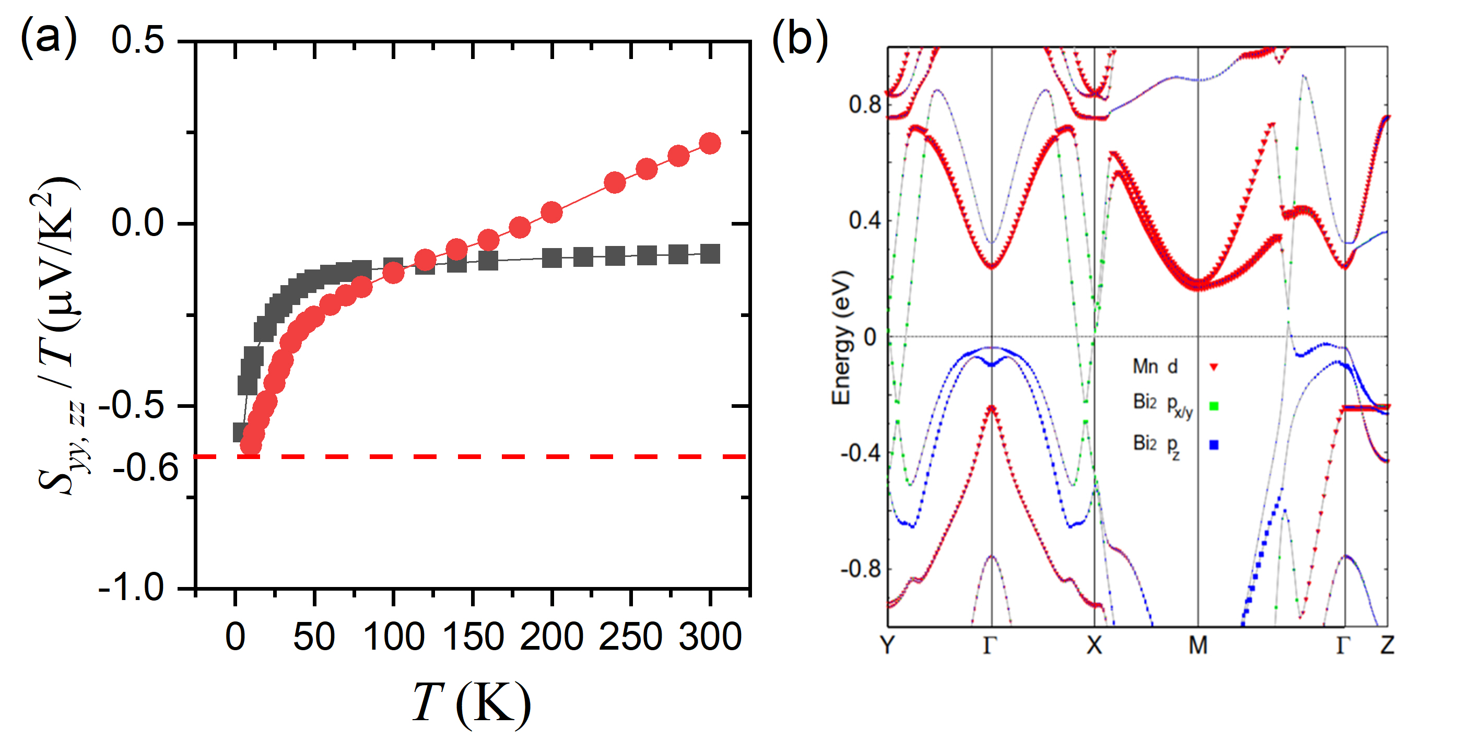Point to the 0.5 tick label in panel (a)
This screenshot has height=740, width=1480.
pyautogui.click(x=138, y=41)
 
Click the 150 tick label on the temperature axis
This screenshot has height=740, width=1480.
pyautogui.click(x=473, y=637)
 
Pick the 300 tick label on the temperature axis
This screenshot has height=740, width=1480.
pyautogui.click(x=710, y=637)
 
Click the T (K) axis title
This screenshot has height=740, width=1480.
pyautogui.click(x=471, y=702)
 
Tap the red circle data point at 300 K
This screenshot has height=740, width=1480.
pyautogui.click(x=710, y=144)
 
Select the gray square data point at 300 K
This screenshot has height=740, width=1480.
pyautogui.click(x=711, y=253)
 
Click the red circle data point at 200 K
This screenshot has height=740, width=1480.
pyautogui.click(x=551, y=213)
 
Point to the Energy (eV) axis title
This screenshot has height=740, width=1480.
pyautogui.click(x=841, y=338)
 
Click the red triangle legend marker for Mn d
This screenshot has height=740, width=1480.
pyautogui.click(x=1214, y=367)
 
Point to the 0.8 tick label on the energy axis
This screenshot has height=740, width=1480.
pyautogui.click(x=864, y=104)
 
